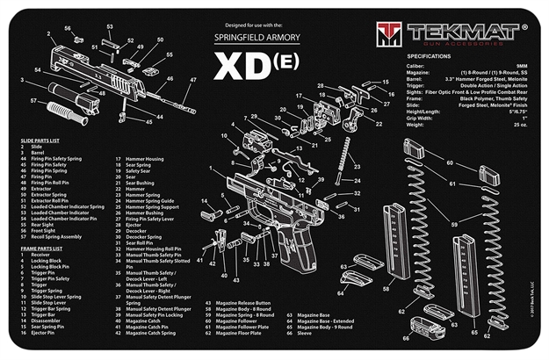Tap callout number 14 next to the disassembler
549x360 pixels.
(206, 201)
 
